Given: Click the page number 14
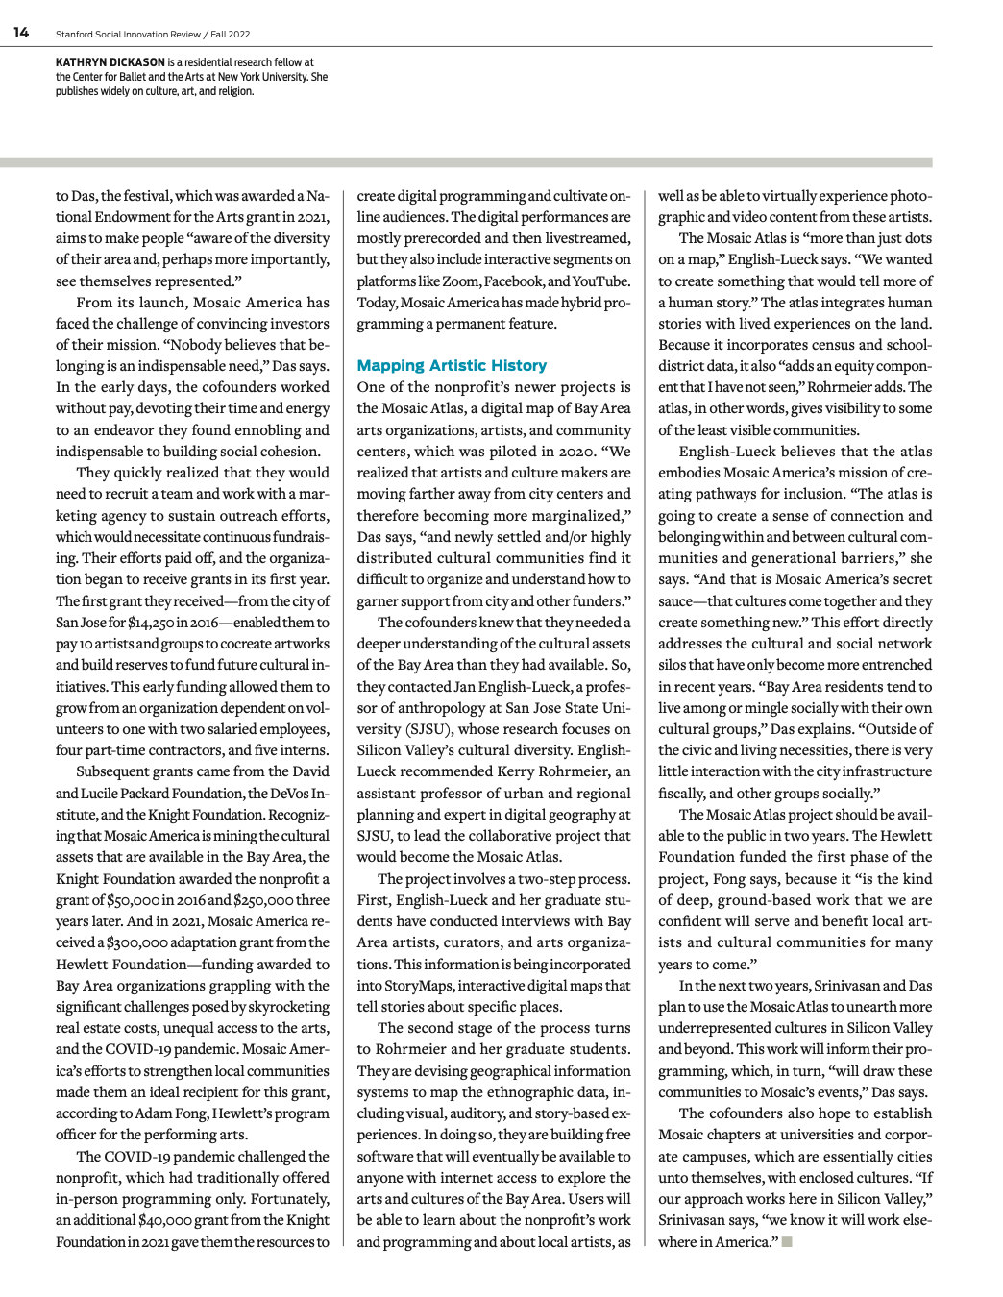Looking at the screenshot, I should [x=21, y=33].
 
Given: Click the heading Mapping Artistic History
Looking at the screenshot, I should [x=452, y=366].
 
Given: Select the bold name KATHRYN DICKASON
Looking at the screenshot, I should [x=110, y=62].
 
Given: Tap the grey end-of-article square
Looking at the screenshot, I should [x=787, y=1241].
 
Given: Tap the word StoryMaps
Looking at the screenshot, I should [x=416, y=986].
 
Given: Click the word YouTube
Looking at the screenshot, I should [x=600, y=281].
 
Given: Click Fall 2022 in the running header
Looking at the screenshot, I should [x=231, y=35].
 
